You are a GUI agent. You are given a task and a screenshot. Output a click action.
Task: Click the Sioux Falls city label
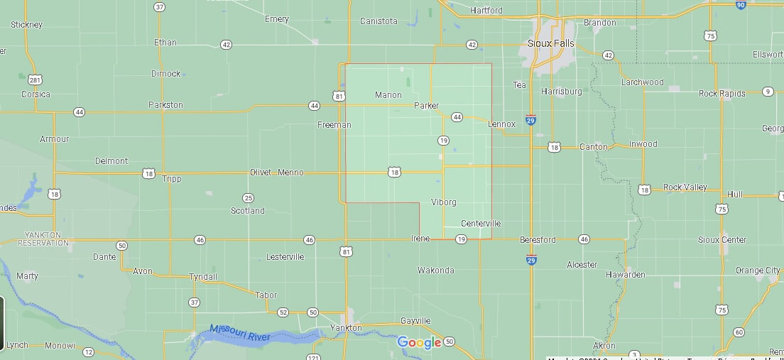(551, 43)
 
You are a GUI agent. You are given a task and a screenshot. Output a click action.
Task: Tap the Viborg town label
(444, 202)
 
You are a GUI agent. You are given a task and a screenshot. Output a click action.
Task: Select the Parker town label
(426, 106)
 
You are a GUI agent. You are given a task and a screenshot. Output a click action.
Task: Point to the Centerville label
(481, 224)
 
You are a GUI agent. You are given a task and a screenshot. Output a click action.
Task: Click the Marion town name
(388, 95)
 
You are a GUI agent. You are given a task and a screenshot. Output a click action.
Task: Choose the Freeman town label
(334, 125)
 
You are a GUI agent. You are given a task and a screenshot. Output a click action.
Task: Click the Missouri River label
(240, 334)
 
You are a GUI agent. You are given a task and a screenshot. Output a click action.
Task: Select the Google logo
(419, 343)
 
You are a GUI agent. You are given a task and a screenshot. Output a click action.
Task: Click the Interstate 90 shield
(741, 5)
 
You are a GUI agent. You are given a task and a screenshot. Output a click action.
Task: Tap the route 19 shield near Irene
(461, 240)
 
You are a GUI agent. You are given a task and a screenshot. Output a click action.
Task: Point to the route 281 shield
(34, 79)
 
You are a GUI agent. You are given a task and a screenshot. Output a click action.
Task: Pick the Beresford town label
(538, 240)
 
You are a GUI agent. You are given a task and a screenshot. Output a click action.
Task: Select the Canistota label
(379, 21)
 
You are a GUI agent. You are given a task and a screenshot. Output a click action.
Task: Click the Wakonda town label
(435, 271)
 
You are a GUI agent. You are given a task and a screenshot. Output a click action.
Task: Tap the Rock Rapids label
(722, 94)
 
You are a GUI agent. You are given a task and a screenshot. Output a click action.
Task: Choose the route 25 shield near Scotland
(248, 198)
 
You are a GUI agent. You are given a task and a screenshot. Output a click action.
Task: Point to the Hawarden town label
(625, 275)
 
